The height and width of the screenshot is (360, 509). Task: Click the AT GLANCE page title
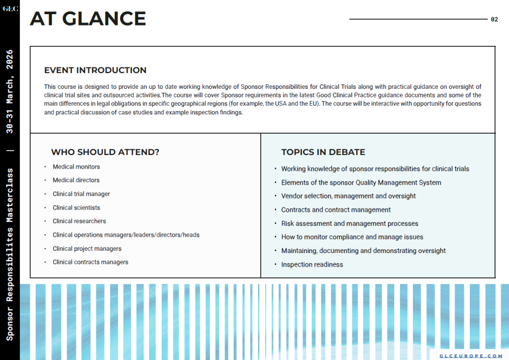[x=88, y=19]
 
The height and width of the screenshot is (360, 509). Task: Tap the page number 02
[x=494, y=19]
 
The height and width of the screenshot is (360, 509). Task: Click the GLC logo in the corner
[x=10, y=8]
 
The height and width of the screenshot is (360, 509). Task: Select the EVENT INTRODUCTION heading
[x=95, y=70]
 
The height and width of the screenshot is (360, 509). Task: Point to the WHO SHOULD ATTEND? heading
[x=105, y=152]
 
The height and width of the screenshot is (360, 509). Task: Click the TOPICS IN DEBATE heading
[x=323, y=152]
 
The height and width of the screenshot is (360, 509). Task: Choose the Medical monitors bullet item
[x=76, y=167]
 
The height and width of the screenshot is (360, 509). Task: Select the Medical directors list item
[x=76, y=181]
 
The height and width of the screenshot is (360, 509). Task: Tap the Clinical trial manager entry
[x=81, y=194]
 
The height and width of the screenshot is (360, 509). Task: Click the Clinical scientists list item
[x=76, y=208]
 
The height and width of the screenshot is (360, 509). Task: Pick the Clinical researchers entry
[x=79, y=221]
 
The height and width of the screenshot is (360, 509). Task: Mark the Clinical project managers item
[x=87, y=248]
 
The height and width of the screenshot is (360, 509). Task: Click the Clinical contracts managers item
[x=90, y=262]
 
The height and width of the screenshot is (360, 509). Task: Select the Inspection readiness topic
[x=312, y=264]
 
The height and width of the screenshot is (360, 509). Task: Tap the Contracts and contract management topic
[x=336, y=210]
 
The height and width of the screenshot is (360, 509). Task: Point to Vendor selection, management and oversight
[x=348, y=196]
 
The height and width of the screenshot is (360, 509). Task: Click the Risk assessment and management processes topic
[x=350, y=224]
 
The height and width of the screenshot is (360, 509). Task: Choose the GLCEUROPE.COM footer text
[x=471, y=355]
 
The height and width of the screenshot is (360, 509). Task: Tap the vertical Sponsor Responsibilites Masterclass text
[x=10, y=255]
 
